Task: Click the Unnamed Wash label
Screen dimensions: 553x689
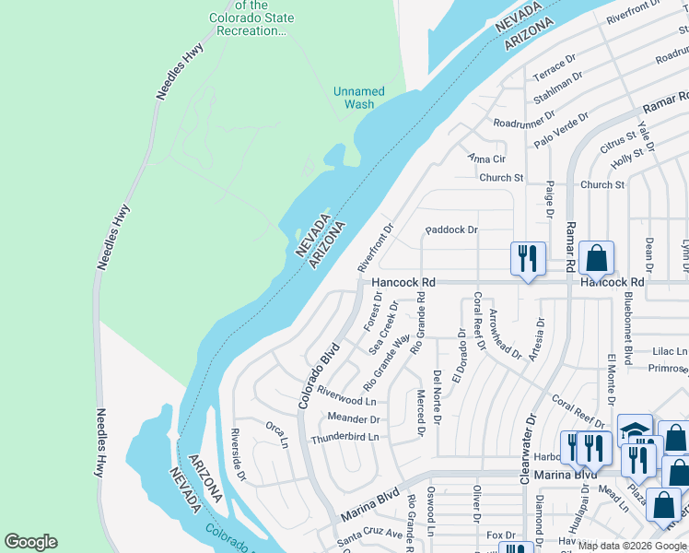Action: (358, 98)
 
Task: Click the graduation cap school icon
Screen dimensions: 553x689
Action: (635, 429)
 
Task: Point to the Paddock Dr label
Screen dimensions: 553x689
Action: (451, 229)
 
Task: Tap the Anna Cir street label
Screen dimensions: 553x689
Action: (487, 159)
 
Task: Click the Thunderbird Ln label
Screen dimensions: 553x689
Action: (344, 438)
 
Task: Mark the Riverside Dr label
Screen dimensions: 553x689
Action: (239, 455)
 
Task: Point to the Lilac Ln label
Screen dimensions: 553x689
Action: (669, 351)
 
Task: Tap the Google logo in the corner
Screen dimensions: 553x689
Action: (30, 542)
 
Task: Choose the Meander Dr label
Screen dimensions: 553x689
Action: (354, 419)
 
